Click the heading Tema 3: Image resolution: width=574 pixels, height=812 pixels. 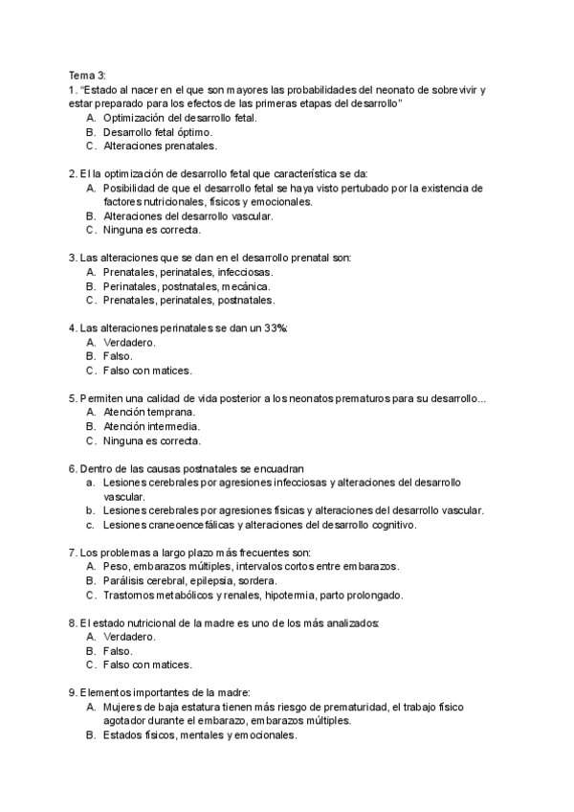click(87, 75)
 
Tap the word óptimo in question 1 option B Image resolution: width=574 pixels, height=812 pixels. click(192, 132)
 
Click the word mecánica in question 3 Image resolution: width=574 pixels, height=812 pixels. click(246, 286)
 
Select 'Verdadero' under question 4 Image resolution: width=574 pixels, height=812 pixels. click(128, 342)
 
